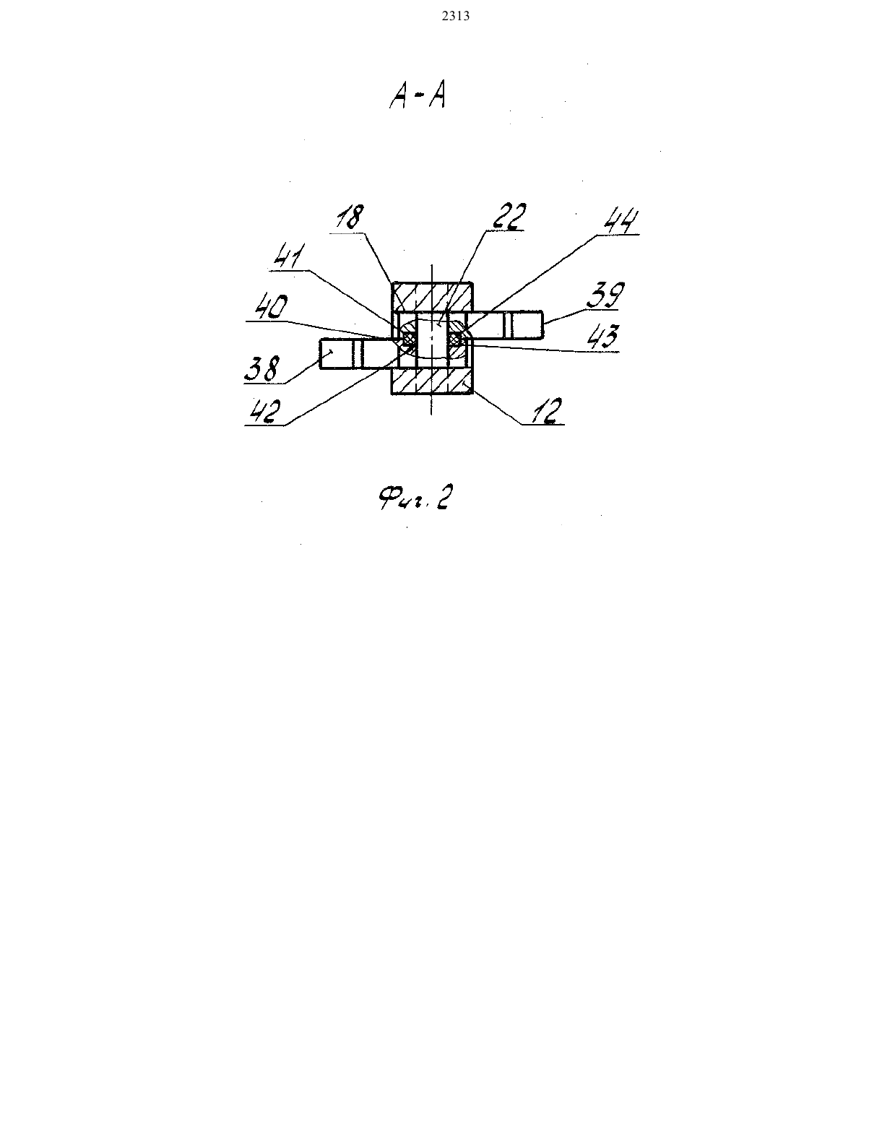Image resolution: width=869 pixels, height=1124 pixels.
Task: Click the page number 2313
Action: [456, 16]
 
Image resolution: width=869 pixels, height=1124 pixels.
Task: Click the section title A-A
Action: [417, 97]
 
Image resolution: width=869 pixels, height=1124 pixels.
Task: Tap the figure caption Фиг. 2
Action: [415, 498]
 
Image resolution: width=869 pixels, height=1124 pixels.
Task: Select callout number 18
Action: [350, 217]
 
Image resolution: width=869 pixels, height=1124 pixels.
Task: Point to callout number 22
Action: [509, 216]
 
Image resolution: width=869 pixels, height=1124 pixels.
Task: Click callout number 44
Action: [621, 221]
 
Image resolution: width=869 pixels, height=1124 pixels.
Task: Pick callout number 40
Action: [271, 306]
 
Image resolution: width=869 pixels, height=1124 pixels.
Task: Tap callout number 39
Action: [605, 295]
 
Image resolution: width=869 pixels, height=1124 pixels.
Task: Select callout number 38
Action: [262, 369]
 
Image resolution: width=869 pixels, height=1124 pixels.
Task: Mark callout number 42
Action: [265, 412]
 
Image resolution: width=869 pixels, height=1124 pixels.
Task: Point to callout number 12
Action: [545, 411]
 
